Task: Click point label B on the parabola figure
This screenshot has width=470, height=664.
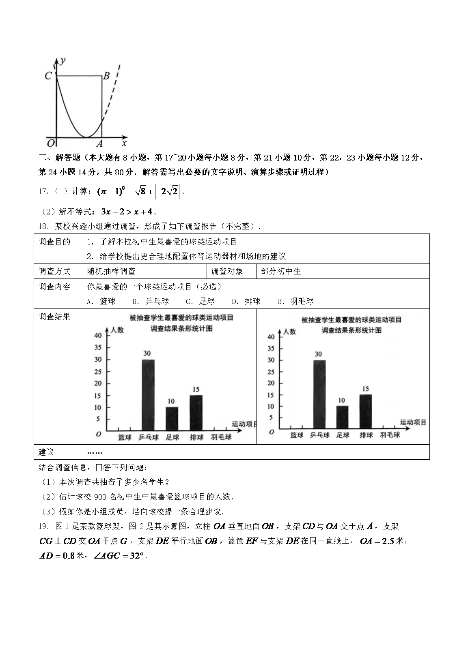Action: [106, 76]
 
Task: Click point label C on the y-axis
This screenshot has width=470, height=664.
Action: [48, 76]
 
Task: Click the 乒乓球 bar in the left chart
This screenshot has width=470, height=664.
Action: [148, 395]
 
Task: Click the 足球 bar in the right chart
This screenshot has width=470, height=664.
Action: [342, 417]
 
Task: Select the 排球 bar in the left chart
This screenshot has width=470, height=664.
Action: [196, 413]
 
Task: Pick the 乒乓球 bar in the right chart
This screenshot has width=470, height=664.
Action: [319, 394]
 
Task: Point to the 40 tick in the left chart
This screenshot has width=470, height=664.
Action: [98, 335]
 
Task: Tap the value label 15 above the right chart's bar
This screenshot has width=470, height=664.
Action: [365, 389]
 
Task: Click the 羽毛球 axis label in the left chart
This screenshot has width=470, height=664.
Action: [221, 437]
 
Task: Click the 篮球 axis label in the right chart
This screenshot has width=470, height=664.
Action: [297, 435]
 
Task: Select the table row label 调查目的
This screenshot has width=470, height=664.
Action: [54, 242]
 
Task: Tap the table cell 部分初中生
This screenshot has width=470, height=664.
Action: [281, 271]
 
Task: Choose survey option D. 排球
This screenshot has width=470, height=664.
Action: [246, 301]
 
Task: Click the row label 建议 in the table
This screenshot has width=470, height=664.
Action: [46, 452]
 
